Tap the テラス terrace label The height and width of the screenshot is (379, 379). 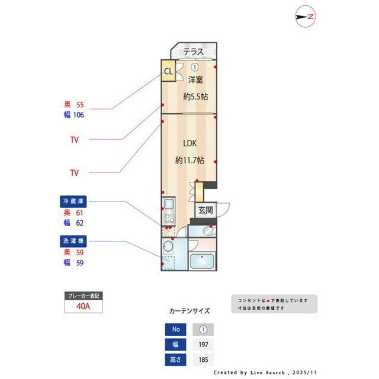pyautogui.click(x=193, y=52)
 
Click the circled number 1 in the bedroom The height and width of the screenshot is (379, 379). pyautogui.click(x=194, y=67)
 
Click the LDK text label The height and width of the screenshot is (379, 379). pyautogui.click(x=189, y=143)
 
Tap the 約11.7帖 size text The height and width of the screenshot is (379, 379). pyautogui.click(x=189, y=160)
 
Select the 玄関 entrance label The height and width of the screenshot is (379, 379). pyautogui.click(x=205, y=210)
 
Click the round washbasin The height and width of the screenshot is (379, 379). pyautogui.click(x=167, y=246)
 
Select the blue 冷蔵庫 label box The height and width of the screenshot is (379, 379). pyautogui.click(x=73, y=201)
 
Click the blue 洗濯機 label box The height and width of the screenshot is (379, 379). pyautogui.click(x=73, y=241)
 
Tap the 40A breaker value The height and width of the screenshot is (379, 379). pyautogui.click(x=83, y=307)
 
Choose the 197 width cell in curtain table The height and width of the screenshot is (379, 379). pyautogui.click(x=203, y=345)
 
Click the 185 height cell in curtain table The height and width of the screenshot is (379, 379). pyautogui.click(x=203, y=359)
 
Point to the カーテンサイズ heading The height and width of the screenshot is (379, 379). pyautogui.click(x=189, y=310)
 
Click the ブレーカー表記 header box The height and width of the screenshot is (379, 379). pyautogui.click(x=83, y=295)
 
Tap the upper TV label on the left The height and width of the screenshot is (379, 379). pyautogui.click(x=74, y=140)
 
